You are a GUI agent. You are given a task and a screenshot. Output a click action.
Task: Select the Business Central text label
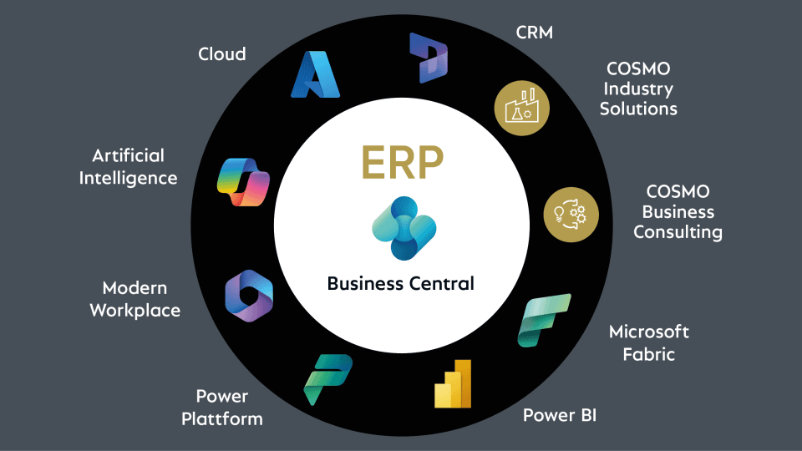click(401, 283)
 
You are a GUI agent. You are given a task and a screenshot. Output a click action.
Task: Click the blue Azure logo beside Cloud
click(316, 74)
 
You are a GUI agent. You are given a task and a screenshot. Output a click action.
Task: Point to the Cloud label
click(222, 54)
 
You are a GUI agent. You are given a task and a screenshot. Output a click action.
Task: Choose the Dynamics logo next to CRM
click(429, 58)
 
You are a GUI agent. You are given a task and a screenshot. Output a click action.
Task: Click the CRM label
click(536, 33)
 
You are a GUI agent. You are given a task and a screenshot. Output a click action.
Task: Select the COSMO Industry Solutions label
click(639, 88)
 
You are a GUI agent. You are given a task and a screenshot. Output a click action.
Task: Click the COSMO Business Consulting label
click(678, 212)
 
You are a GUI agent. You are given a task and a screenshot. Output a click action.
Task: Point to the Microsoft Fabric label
click(649, 342)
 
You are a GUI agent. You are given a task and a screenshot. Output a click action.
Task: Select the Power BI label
click(560, 414)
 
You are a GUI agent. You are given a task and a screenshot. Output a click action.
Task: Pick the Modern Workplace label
click(135, 299)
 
